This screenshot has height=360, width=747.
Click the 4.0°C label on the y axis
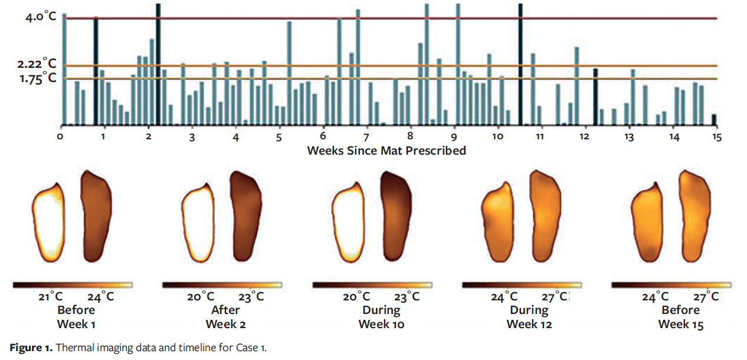41,17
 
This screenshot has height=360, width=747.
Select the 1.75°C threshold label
37,79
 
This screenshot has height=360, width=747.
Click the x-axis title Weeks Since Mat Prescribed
386,150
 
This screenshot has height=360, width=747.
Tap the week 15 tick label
716,137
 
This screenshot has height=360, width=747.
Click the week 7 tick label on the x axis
366,137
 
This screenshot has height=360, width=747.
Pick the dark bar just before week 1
96,71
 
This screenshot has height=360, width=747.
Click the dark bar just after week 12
595,97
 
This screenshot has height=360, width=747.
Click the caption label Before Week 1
76,317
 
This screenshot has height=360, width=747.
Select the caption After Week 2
225,317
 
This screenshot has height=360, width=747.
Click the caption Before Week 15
680,317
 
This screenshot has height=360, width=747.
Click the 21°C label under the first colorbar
51,297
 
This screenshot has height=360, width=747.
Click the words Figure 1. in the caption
30,348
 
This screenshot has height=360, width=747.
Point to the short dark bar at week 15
713,120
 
